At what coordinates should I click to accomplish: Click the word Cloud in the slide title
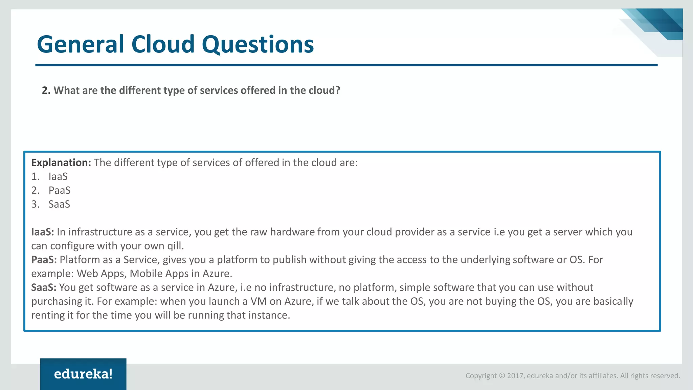(163, 44)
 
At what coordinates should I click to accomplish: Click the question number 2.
(46, 90)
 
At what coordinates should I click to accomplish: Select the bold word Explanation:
(61, 163)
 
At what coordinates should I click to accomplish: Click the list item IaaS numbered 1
(58, 177)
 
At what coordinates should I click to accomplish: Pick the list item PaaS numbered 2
(59, 191)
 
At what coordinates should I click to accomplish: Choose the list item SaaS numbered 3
(59, 204)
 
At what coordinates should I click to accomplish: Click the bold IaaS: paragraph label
(42, 232)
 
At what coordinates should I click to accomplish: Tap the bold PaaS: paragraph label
(44, 260)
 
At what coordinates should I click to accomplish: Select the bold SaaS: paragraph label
(44, 287)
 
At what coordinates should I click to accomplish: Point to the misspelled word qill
(175, 246)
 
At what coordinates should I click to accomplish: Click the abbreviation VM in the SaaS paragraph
(258, 301)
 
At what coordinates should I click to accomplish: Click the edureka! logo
(83, 374)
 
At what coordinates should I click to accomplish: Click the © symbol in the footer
(502, 376)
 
